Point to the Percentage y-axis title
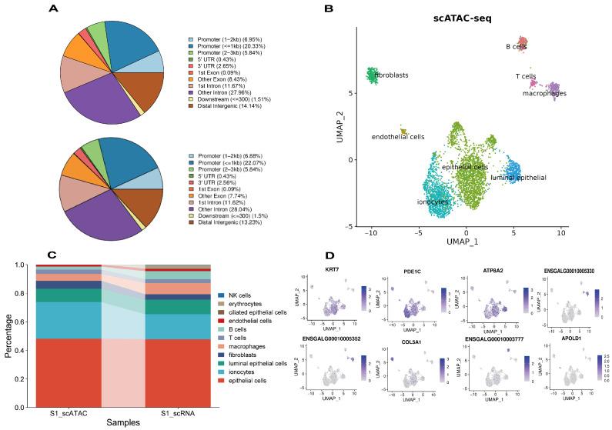click(8, 332)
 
